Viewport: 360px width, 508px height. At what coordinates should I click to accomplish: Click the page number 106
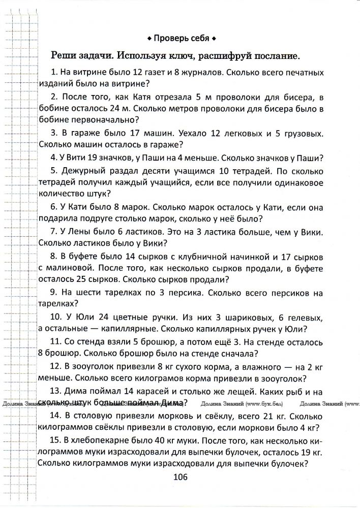click(x=181, y=477)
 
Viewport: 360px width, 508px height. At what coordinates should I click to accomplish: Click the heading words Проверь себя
click(x=181, y=39)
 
